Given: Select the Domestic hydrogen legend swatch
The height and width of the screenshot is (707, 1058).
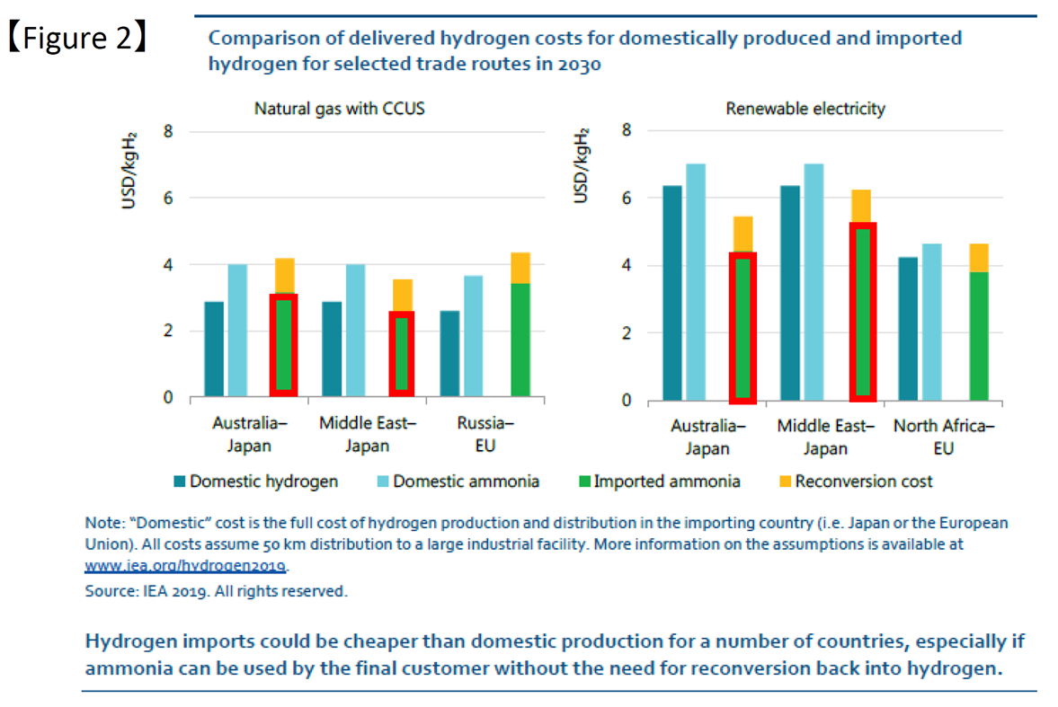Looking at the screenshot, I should (x=180, y=482).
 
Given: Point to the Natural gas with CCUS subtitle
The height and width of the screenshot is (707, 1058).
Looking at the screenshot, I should (x=339, y=110).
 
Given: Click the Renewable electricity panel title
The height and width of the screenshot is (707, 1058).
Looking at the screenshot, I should (x=805, y=109).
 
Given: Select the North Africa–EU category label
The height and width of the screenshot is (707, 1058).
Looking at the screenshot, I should (x=943, y=437).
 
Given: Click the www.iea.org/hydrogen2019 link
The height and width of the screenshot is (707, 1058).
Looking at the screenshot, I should (x=185, y=566).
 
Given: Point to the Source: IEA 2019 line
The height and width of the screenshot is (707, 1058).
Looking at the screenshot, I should (x=216, y=591).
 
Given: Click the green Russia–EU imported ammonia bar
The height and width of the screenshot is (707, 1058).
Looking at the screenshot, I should (x=520, y=340).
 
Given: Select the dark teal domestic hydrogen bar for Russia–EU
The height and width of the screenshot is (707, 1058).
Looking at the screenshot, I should (x=450, y=353).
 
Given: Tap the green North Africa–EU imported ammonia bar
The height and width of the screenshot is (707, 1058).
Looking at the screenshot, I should (x=979, y=336).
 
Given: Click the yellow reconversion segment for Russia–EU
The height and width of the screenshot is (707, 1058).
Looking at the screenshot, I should (x=520, y=268).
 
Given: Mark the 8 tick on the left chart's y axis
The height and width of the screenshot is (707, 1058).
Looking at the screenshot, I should (x=168, y=132).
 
